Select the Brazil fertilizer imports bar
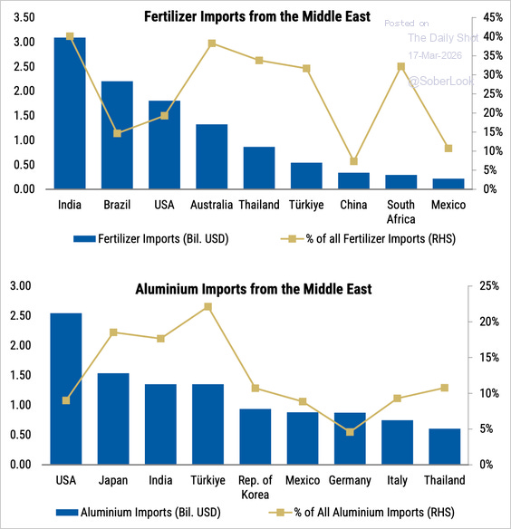[x=117, y=135]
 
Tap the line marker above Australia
[x=211, y=43]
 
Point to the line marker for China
[x=353, y=161]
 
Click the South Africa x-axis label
[x=400, y=212]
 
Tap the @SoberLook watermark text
[x=439, y=82]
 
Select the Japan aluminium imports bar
[x=113, y=418]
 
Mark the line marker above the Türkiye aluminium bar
[x=207, y=306]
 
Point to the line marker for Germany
[x=350, y=432]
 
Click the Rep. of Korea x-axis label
[x=255, y=486]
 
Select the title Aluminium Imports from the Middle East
[x=253, y=289]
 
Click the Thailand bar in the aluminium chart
[x=444, y=447]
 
